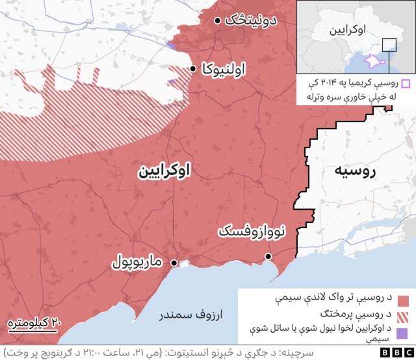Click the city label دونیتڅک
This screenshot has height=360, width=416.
[251, 20]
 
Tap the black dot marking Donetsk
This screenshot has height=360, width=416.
[217, 20]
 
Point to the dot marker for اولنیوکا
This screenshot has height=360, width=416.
[193, 68]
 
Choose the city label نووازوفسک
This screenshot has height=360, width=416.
[250, 231]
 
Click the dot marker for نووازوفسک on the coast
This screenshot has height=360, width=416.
[268, 258]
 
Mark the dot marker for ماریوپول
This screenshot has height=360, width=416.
[174, 263]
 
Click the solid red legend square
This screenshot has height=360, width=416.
[402, 300]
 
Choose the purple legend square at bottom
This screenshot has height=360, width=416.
[402, 333]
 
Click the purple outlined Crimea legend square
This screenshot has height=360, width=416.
[405, 83]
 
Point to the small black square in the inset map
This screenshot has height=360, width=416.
[389, 45]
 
